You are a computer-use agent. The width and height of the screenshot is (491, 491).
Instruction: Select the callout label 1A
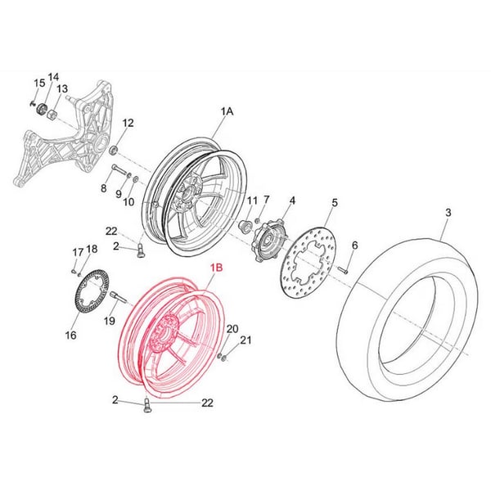coord(227,110)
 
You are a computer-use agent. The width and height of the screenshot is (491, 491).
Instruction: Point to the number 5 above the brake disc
coord(334,202)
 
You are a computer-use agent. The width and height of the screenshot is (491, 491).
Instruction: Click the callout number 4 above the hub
coord(292,200)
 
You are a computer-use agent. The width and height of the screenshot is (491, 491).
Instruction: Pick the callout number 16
coord(70,335)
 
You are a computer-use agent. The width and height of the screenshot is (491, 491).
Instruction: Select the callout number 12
coord(128,124)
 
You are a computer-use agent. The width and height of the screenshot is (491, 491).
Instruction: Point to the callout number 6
coord(354,245)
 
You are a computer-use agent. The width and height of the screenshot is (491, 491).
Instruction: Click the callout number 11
coord(252,200)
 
